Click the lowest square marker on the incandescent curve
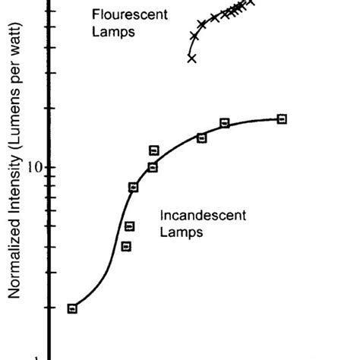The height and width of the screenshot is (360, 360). pyautogui.click(x=72, y=308)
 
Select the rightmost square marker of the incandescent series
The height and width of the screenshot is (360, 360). pyautogui.click(x=282, y=119)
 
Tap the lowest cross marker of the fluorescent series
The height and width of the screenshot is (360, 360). pyautogui.click(x=191, y=58)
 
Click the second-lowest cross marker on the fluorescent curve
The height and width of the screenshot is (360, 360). pyautogui.click(x=194, y=36)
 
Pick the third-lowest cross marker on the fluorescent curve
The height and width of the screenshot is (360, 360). pyautogui.click(x=201, y=25)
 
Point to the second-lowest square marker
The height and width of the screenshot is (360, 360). pyautogui.click(x=126, y=246)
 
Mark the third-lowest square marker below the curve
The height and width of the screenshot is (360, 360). pyautogui.click(x=130, y=226)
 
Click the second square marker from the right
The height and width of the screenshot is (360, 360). pyautogui.click(x=225, y=123)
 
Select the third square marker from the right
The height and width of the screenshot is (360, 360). pyautogui.click(x=201, y=137)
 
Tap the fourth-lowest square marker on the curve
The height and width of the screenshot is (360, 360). pyautogui.click(x=134, y=187)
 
